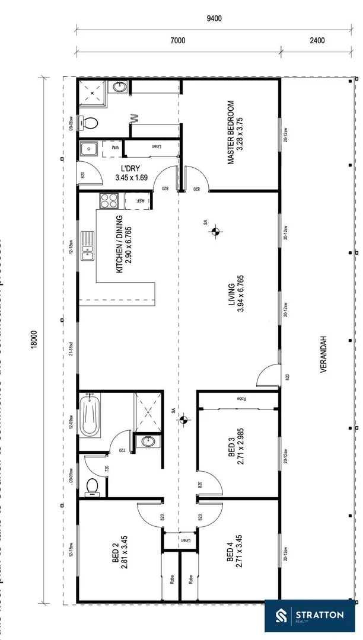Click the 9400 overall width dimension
214,18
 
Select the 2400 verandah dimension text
317,41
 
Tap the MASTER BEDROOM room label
235,133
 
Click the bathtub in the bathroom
91,414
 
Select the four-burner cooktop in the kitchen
109,201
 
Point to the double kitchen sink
88,246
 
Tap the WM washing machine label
116,147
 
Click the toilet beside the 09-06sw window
90,123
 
